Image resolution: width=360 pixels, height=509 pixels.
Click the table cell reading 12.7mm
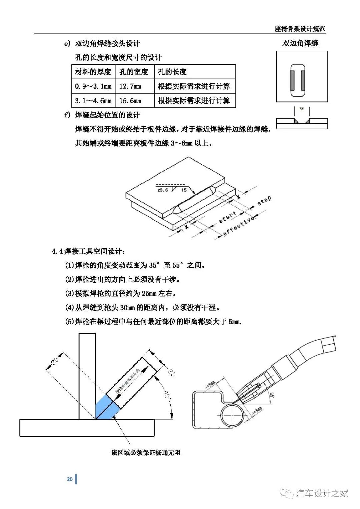point(130,86)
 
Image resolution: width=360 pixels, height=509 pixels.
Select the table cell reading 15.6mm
point(130,101)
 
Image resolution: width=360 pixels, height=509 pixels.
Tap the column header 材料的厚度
point(93,72)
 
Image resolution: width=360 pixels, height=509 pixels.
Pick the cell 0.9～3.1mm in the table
point(93,86)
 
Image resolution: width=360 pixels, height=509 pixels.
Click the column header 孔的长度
point(172,72)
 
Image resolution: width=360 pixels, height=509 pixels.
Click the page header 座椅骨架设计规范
point(300,29)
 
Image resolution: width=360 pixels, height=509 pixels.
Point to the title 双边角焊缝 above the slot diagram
point(300,43)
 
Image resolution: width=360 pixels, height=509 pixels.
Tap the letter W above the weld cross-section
point(302,109)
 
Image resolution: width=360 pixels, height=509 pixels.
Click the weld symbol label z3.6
point(163,190)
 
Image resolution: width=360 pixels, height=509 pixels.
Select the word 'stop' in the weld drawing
point(264,201)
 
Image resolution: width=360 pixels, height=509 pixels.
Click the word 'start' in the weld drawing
point(228,217)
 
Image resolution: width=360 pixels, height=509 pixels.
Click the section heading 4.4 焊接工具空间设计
point(89,251)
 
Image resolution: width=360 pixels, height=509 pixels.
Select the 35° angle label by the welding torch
point(272,396)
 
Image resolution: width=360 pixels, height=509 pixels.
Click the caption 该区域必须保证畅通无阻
point(146,453)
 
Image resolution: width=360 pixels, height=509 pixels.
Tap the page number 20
point(70,479)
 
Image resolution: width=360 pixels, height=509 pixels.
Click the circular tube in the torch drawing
point(232,415)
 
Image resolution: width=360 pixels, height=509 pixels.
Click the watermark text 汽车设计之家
point(322,493)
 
